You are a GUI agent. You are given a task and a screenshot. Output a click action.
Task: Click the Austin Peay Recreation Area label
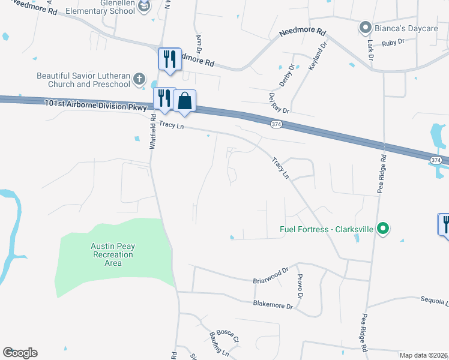pyautogui.click(x=112, y=254)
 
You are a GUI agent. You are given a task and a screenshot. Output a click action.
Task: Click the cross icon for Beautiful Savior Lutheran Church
pyautogui.click(x=139, y=79)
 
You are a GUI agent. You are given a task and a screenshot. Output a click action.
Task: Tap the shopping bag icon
pyautogui.click(x=185, y=101)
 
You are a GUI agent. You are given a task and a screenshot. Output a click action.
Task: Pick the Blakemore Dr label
pyautogui.click(x=273, y=305)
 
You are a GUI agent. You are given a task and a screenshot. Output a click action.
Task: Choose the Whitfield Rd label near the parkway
pyautogui.click(x=153, y=133)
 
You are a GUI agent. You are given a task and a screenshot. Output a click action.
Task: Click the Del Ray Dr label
pyautogui.click(x=279, y=103)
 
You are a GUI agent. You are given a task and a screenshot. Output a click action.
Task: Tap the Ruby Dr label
pyautogui.click(x=394, y=42)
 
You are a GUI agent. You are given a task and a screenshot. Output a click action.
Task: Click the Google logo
pyautogui.click(x=20, y=353)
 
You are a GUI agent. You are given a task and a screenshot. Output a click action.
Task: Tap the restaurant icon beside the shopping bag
pyautogui.click(x=164, y=98)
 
